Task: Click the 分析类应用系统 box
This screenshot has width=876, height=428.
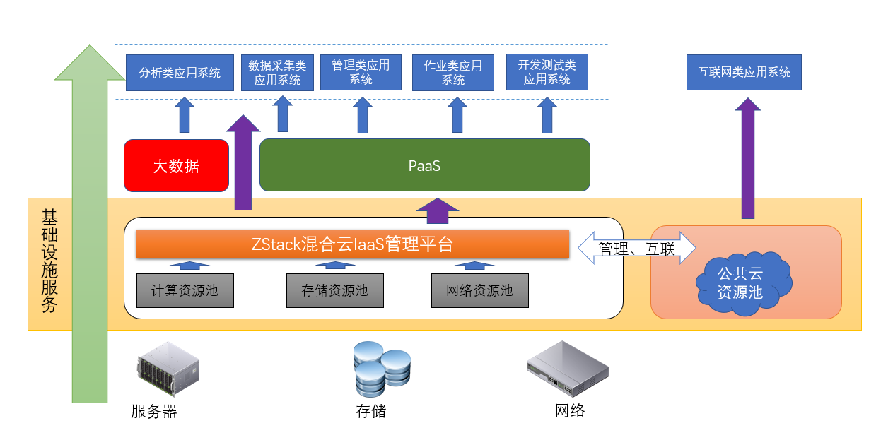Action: coord(180,73)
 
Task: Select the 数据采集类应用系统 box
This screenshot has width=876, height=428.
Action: coord(277,73)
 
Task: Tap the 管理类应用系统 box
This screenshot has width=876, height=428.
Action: coord(361,72)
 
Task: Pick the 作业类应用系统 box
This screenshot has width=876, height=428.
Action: coord(452,73)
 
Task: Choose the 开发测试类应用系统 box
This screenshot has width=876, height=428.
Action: coord(547,72)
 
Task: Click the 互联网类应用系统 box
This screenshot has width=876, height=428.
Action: coord(744,73)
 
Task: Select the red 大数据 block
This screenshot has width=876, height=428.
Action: coord(176,166)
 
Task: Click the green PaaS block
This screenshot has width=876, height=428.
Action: coord(424,165)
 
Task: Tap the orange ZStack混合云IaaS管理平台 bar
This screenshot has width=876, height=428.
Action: coord(352,244)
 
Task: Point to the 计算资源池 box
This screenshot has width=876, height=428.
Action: coord(185,290)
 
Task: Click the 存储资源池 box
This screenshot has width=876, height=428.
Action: coord(334,290)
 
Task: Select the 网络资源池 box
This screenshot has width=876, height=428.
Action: coord(480,290)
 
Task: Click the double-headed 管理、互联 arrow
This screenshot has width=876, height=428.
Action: coord(636,249)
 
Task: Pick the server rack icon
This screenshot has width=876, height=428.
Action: coord(168,369)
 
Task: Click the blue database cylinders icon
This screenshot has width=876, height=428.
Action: coord(381,368)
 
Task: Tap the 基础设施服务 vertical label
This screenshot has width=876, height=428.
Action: coord(49,261)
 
